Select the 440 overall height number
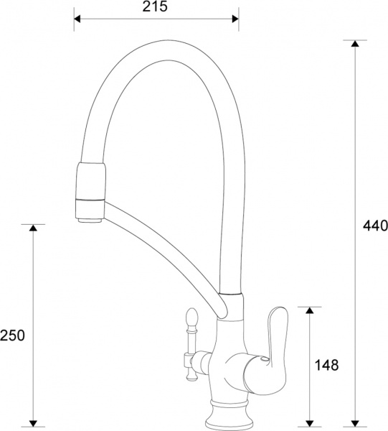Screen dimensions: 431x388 click(x=374, y=226)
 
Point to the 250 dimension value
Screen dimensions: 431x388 click(x=13, y=335)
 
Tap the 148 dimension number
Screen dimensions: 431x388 click(x=327, y=364)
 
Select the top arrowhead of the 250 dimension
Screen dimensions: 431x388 click(x=32, y=229)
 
